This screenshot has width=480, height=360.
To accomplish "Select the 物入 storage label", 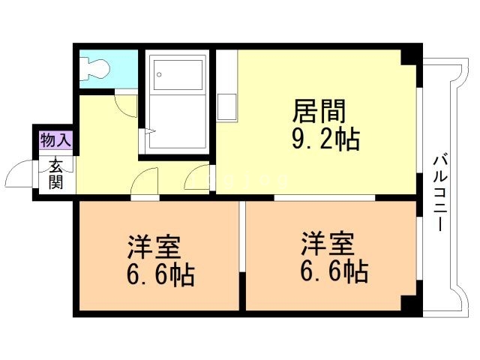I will click(x=55, y=139).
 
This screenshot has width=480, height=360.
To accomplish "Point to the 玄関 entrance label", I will click(x=55, y=173).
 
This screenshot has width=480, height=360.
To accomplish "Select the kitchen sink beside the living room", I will click(x=228, y=107).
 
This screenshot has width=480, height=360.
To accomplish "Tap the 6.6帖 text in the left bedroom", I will click(x=160, y=274).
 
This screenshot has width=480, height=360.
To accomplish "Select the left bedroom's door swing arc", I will click(x=147, y=181).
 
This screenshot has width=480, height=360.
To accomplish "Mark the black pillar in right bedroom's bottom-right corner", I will click(x=409, y=303).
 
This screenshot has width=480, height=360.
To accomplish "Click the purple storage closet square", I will click(x=55, y=139).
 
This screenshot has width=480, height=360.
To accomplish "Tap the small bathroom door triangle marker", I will click(x=149, y=132).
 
